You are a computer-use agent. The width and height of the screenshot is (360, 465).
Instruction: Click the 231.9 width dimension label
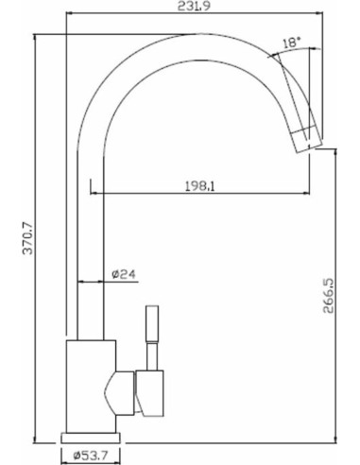(194, 6)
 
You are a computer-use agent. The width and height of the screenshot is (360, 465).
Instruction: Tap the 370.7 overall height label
(28, 238)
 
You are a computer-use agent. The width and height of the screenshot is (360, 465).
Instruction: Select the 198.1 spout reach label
(199, 186)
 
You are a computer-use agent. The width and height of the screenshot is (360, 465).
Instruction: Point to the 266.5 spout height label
(329, 295)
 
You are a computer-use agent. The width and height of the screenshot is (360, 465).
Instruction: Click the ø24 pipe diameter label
(124, 274)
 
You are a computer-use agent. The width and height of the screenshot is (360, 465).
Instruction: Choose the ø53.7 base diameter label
(90, 455)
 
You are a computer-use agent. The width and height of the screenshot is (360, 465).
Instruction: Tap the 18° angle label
(291, 43)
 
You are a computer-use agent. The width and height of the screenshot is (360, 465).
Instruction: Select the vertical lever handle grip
(152, 324)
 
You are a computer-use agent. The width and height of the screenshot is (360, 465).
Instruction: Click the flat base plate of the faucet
(91, 439)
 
